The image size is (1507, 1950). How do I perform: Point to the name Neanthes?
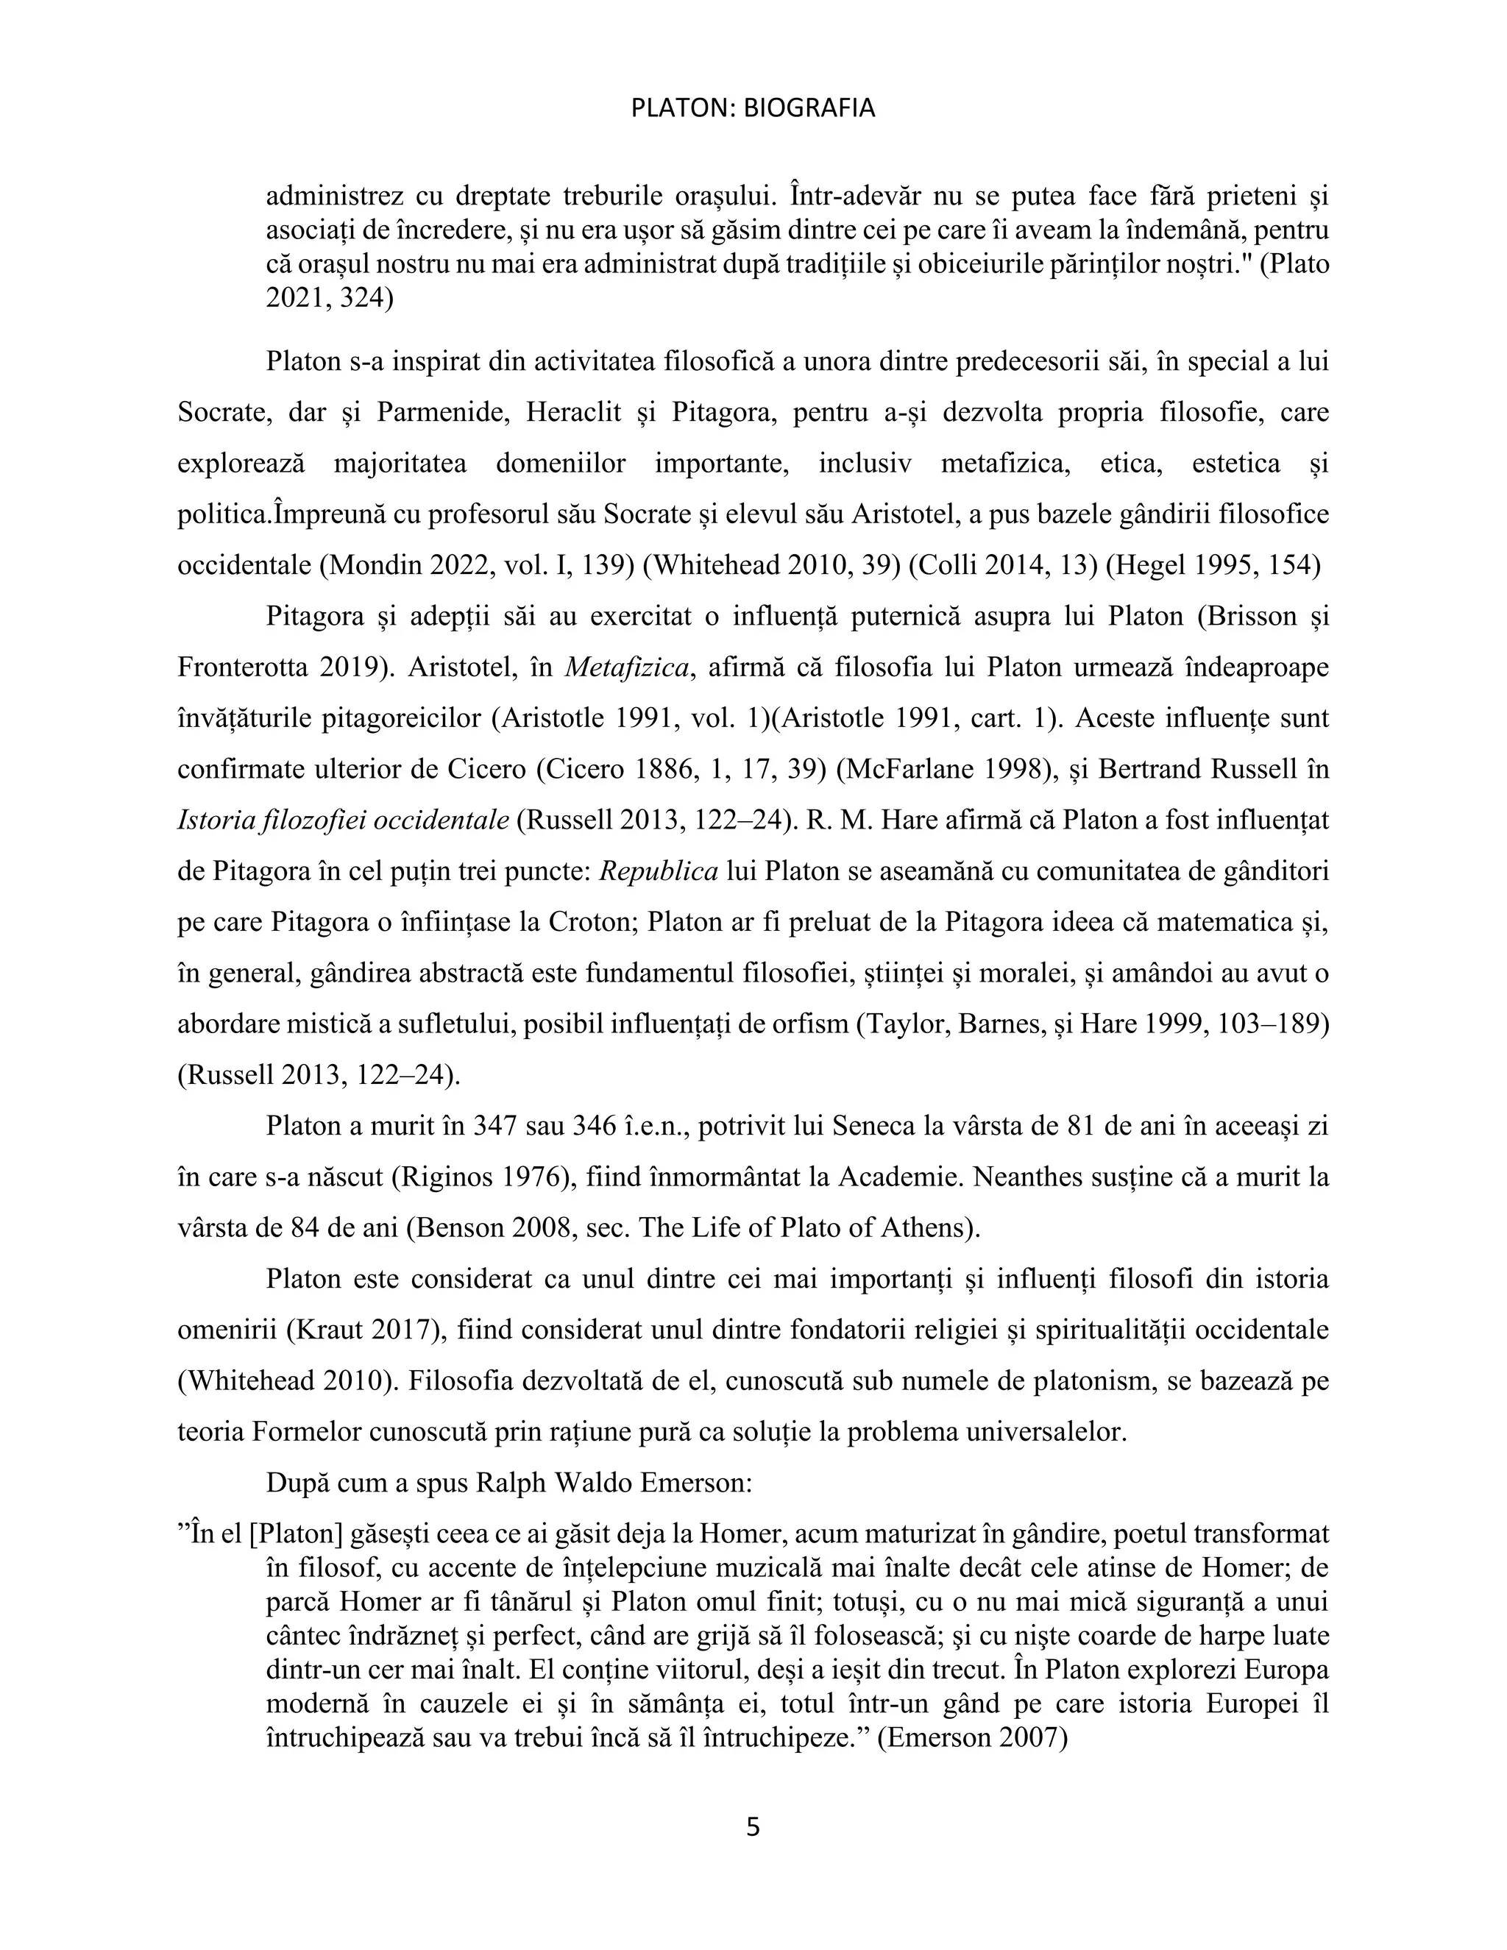pyautogui.click(x=1032, y=1177)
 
